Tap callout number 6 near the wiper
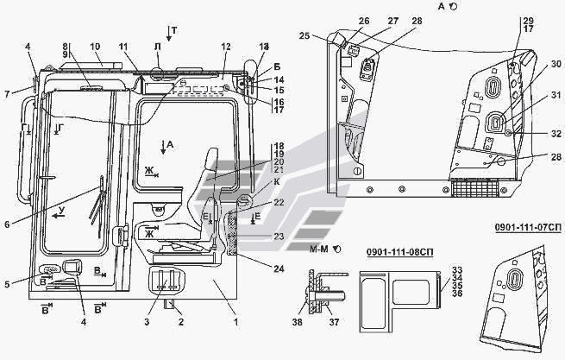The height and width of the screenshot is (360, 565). point(7,225)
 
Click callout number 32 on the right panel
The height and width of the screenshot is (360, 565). point(556,133)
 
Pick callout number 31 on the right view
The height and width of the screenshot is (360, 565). point(556,95)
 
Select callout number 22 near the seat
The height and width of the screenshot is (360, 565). point(254,203)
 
